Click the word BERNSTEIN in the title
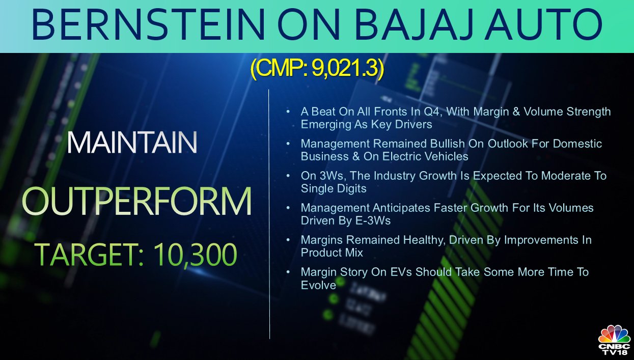(x=148, y=24)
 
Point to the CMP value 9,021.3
(x=345, y=69)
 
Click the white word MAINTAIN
(x=132, y=143)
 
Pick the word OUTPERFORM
(x=136, y=201)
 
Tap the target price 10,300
(x=195, y=255)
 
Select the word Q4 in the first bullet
(x=433, y=112)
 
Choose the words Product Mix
(x=332, y=253)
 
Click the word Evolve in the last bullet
(x=318, y=285)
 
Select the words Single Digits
(x=334, y=189)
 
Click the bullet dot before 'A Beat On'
(x=288, y=112)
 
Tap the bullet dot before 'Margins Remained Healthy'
(x=288, y=240)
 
